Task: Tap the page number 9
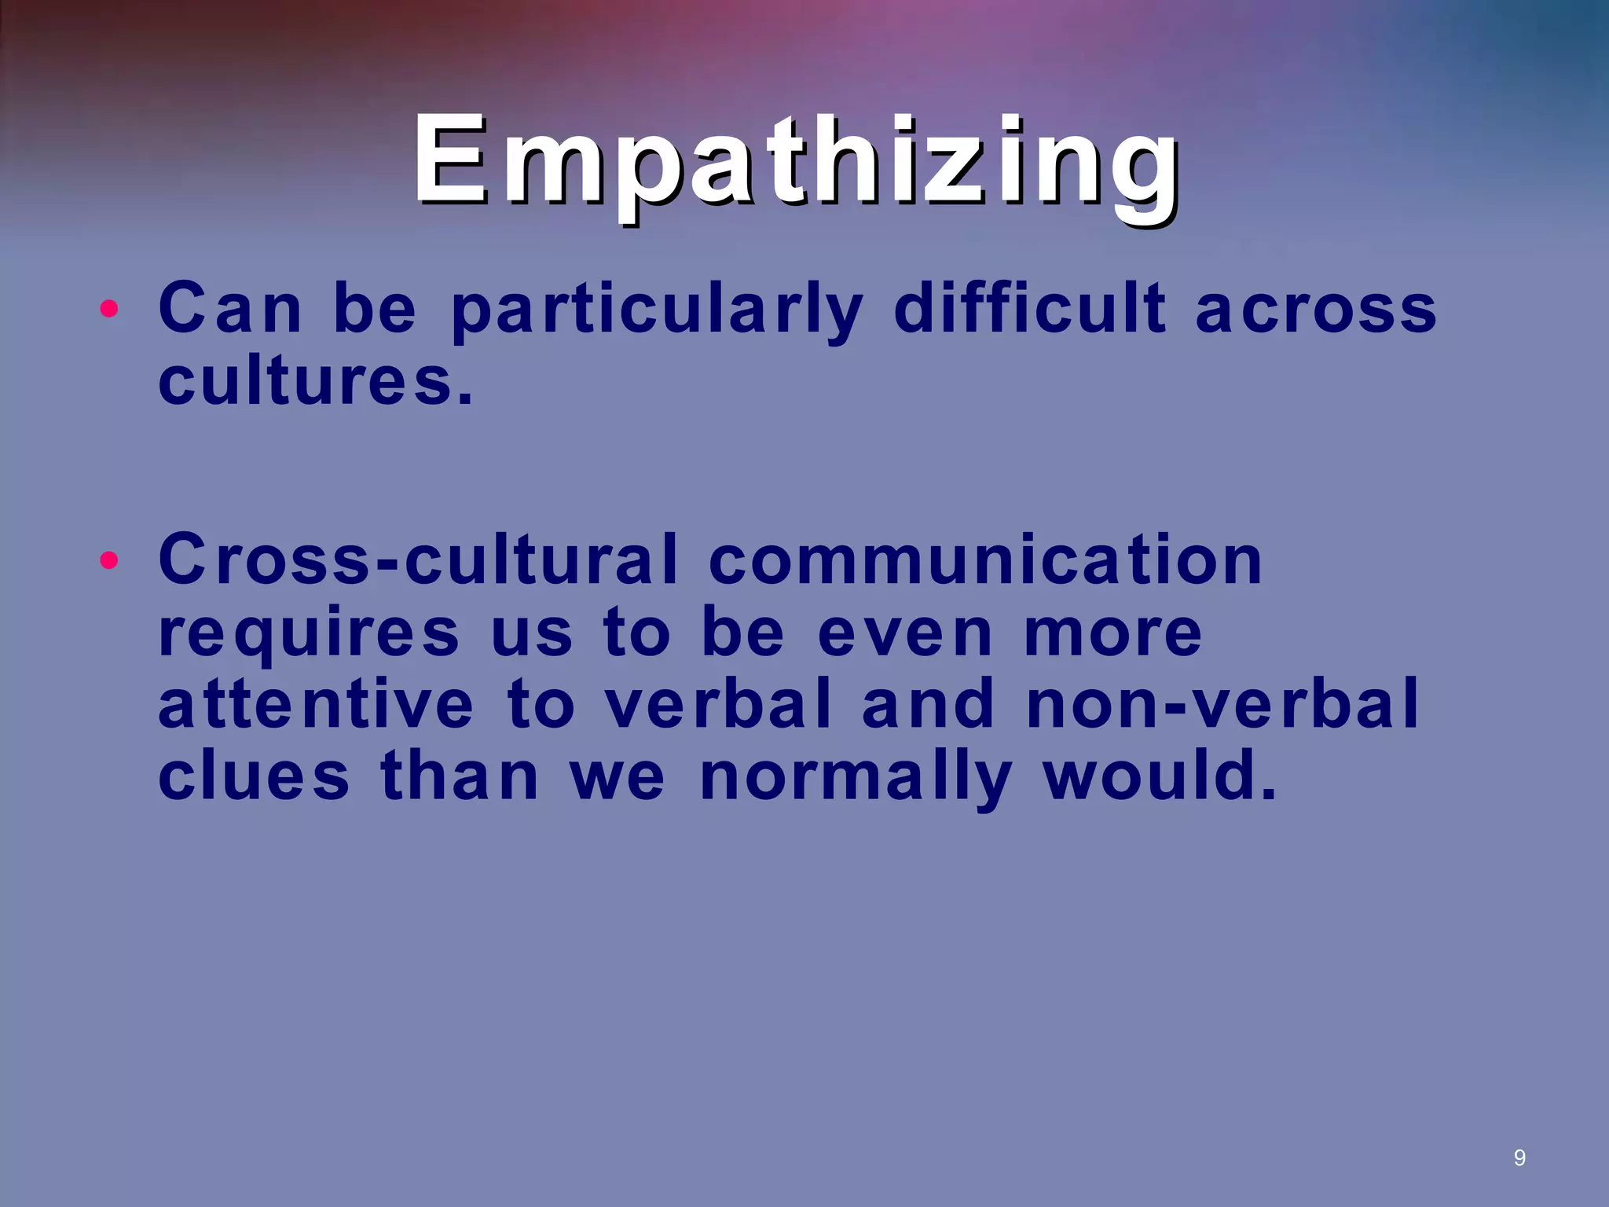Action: pos(1519,1157)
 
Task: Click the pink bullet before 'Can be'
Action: pos(109,309)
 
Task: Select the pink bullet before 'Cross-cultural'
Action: pos(109,560)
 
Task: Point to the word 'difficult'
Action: pos(1030,308)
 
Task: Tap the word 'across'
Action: pos(1316,310)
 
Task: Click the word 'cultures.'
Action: pos(316,382)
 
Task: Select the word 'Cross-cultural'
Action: pos(417,559)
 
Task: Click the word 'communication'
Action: pos(985,559)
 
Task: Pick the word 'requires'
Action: pos(309,633)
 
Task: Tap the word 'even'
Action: pos(904,633)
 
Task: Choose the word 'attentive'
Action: pos(316,704)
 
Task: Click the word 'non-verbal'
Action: pos(1222,704)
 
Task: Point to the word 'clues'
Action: pos(253,776)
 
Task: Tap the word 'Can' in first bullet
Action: pos(230,308)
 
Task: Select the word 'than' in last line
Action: pos(460,776)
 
